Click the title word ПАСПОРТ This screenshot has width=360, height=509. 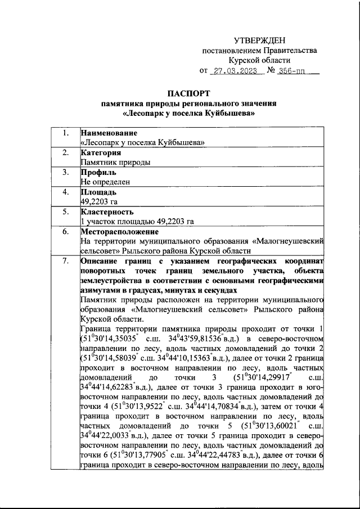(189, 93)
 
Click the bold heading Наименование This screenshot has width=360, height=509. (109, 133)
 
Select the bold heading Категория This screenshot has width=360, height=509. (101, 152)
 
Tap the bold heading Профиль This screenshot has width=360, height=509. (98, 172)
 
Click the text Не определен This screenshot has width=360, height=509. (105, 182)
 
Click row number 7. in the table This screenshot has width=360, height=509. (66, 260)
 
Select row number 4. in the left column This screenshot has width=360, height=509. (66, 192)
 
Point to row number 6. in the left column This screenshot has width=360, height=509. (66, 231)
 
